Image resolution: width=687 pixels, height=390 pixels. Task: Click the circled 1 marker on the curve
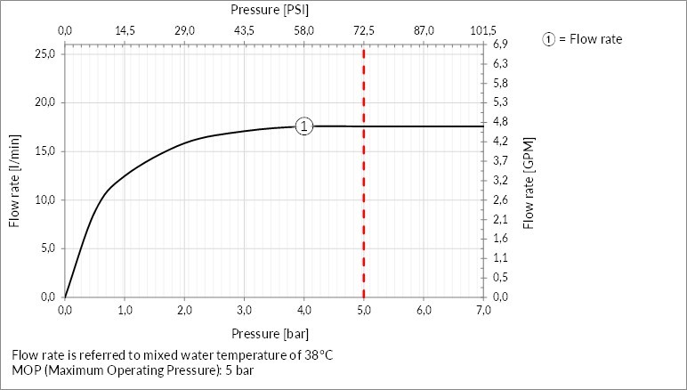tap(304, 126)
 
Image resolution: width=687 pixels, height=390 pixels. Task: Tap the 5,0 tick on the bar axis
tap(364, 310)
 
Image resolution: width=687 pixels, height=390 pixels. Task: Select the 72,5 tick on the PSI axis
tap(364, 31)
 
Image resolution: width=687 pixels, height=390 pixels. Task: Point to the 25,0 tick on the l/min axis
tap(44, 53)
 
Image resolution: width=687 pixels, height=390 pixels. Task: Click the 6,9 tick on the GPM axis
tap(500, 45)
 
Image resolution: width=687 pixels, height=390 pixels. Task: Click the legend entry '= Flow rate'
tap(583, 39)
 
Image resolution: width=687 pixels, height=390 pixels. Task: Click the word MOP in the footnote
tap(27, 370)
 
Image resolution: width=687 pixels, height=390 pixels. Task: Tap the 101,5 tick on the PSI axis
tap(483, 31)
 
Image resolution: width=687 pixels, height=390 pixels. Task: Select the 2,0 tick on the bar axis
tap(184, 310)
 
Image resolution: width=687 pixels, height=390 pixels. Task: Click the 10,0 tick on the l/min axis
tap(44, 199)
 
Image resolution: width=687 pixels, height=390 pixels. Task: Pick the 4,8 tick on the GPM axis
tap(500, 122)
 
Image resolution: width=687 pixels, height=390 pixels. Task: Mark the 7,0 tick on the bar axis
tap(483, 310)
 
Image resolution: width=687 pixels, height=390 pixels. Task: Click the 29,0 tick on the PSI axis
tap(184, 31)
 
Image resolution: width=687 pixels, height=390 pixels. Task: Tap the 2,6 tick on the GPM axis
tap(500, 199)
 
